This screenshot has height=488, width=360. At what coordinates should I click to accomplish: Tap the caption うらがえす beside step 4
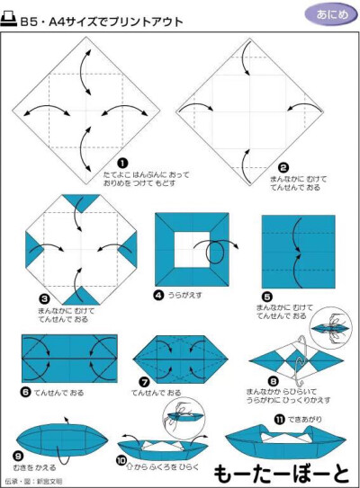(x=186, y=295)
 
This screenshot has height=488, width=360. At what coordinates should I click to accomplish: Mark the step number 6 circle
(x=26, y=393)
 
